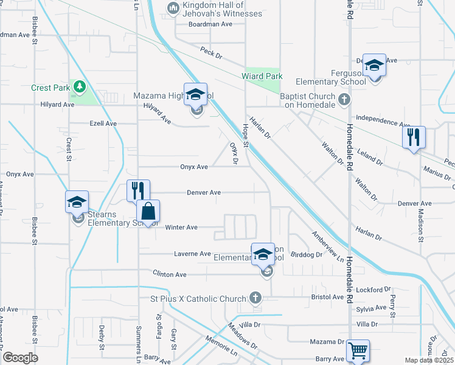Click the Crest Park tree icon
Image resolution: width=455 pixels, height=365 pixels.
tap(78, 88)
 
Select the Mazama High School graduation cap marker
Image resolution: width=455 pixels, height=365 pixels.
tap(195, 95)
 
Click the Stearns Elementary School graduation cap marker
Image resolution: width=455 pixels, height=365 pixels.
tap(77, 203)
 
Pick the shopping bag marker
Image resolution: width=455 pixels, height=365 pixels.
tap(148, 212)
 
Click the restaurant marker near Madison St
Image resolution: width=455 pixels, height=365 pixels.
tap(414, 137)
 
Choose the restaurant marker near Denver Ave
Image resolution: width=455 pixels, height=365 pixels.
tap(138, 191)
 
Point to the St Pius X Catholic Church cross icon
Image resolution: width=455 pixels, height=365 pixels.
tap(256, 298)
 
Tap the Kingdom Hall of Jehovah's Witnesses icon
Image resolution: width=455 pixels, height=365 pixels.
tap(172, 7)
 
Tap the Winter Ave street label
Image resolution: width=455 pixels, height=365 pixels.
tap(183, 228)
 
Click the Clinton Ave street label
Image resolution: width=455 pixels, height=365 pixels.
tap(170, 274)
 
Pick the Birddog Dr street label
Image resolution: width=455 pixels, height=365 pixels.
tap(306, 255)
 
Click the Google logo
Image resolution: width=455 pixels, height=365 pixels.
tap(20, 358)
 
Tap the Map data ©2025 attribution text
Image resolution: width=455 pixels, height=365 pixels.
tap(428, 360)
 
